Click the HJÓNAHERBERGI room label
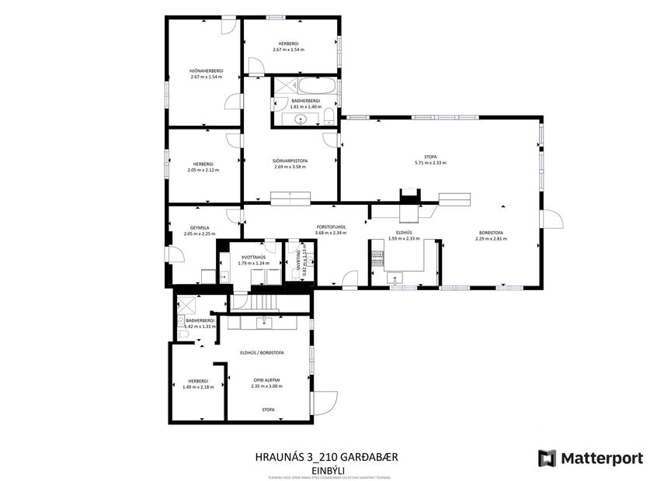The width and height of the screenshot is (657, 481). [206, 71]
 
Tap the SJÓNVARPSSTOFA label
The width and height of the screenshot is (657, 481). [290, 161]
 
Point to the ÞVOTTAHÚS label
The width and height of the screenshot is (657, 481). [253, 257]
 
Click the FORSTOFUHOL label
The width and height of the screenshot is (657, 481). [330, 227]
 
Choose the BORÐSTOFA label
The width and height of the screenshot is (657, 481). [491, 233]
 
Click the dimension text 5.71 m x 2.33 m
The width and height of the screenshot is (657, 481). [430, 163]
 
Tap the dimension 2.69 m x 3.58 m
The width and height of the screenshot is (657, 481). [290, 168]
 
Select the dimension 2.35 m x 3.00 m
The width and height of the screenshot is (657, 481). [266, 386]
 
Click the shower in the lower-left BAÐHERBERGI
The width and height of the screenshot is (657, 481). [183, 305]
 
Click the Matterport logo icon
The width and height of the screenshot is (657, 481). [547, 458]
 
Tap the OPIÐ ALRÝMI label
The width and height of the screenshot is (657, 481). [266, 379]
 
